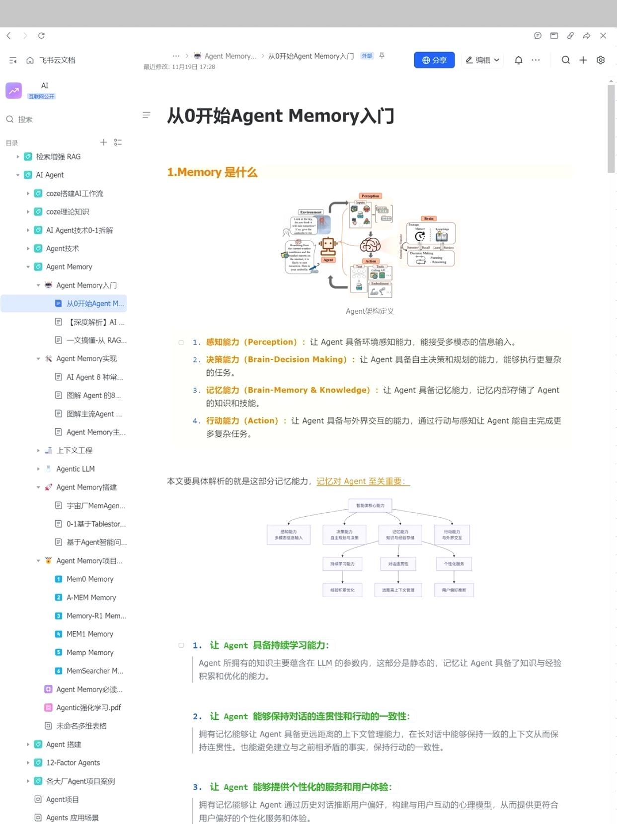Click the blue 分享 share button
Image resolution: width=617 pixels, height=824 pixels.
click(x=434, y=60)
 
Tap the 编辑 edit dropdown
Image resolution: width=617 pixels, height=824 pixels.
click(x=482, y=60)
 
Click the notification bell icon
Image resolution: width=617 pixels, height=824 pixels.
click(x=518, y=60)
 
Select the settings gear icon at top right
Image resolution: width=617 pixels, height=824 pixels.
click(x=601, y=60)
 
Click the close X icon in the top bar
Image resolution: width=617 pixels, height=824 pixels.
click(x=603, y=36)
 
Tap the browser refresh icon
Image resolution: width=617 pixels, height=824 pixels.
click(x=41, y=36)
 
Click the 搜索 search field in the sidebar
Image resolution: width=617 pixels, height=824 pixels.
click(x=25, y=120)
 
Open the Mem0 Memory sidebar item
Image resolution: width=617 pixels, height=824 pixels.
click(x=90, y=579)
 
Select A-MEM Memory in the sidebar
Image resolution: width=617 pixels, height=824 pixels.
click(x=91, y=598)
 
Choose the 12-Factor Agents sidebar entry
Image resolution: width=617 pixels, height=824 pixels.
click(x=73, y=763)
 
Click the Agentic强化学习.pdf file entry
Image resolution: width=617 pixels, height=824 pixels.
click(x=88, y=708)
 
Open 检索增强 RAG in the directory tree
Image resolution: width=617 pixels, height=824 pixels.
click(x=58, y=157)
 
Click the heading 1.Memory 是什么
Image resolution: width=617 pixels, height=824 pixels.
click(x=212, y=172)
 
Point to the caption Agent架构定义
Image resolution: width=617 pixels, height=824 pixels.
click(x=370, y=311)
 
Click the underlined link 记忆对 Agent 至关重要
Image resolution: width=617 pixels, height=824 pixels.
click(x=362, y=481)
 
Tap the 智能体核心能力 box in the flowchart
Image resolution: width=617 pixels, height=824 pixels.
click(x=370, y=506)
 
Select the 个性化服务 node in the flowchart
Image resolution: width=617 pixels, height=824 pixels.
click(x=454, y=564)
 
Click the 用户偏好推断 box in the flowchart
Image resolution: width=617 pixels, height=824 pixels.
click(x=454, y=590)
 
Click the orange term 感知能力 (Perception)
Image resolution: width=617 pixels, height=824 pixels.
click(x=251, y=342)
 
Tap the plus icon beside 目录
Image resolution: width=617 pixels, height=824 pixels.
click(x=103, y=142)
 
